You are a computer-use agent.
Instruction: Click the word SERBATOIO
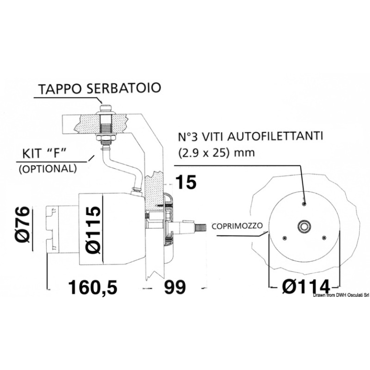tap(130, 89)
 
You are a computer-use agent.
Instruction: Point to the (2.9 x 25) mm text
tap(217, 153)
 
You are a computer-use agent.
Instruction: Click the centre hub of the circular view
tap(304, 226)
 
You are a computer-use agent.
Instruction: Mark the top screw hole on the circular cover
tap(304, 204)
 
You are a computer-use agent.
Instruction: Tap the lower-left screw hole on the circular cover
tap(285, 238)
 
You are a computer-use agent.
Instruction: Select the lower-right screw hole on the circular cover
tap(323, 237)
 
